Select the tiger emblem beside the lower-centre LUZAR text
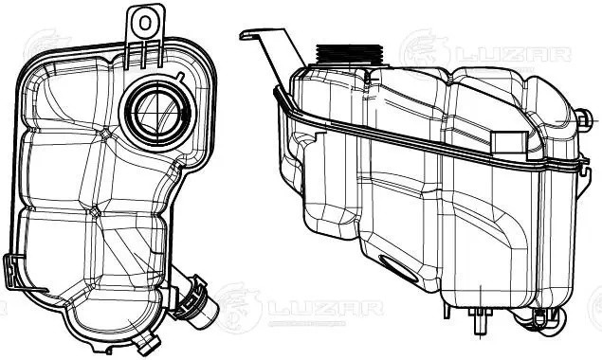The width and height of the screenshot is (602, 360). click(237, 305)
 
